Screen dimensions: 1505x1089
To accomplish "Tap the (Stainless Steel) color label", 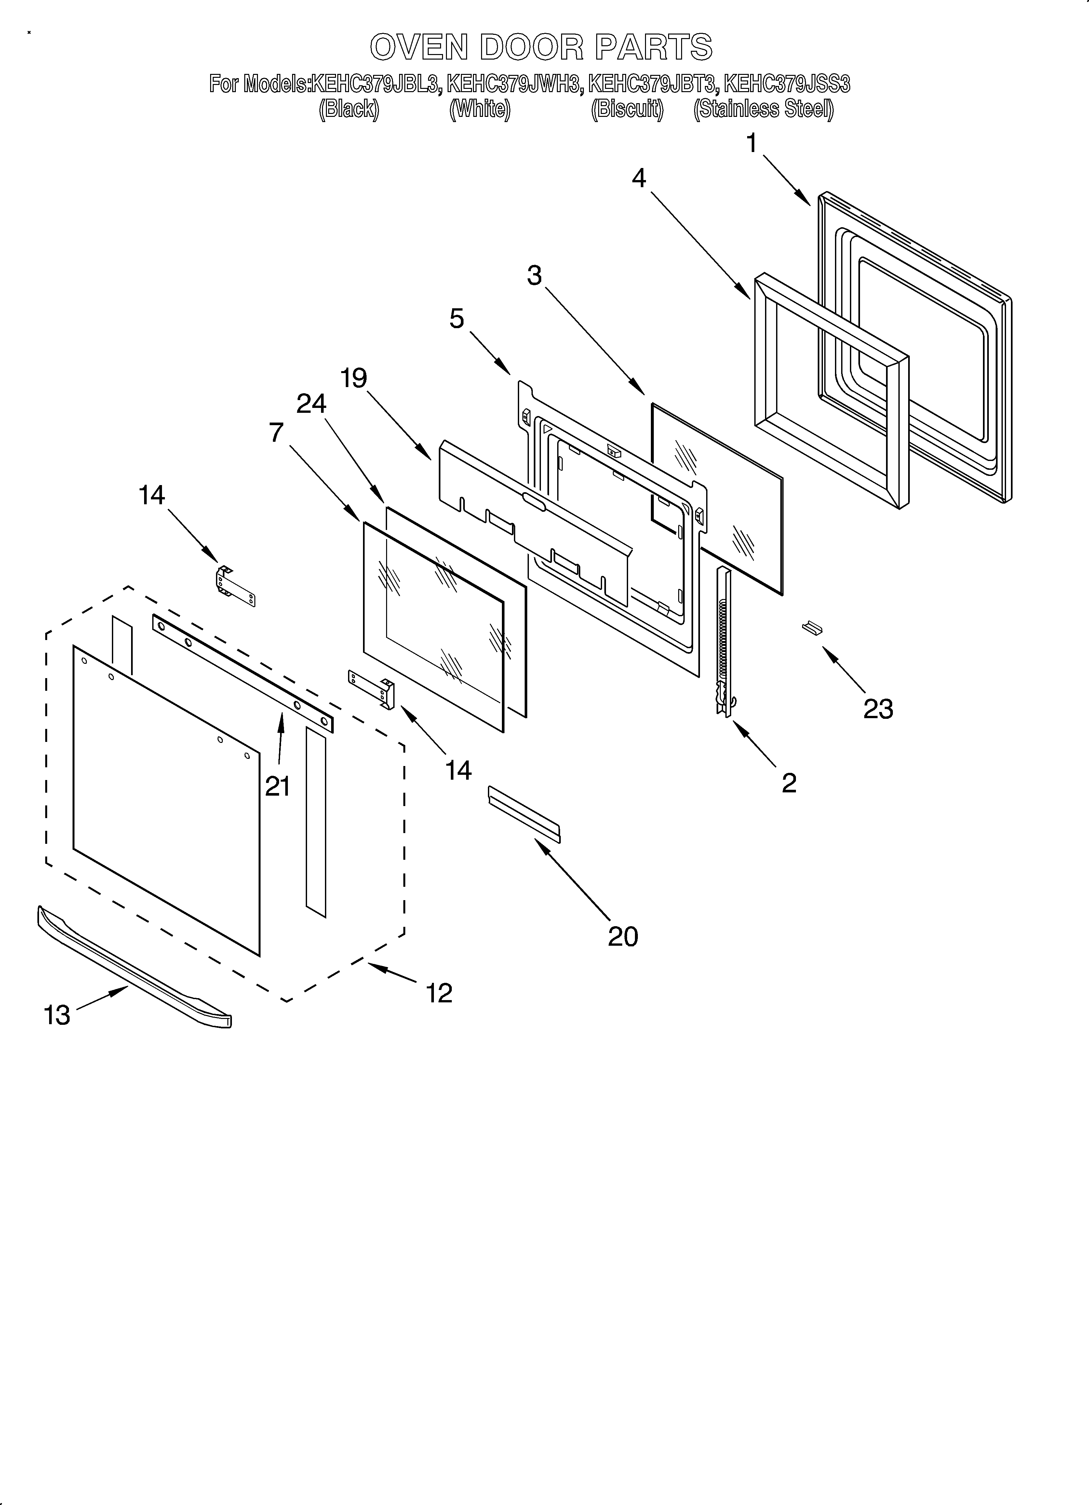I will pyautogui.click(x=763, y=109).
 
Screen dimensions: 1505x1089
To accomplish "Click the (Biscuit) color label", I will pyautogui.click(x=627, y=109).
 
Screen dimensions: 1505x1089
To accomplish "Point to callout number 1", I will pyautogui.click(x=751, y=143).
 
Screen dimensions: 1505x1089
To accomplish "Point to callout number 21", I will pyautogui.click(x=278, y=786).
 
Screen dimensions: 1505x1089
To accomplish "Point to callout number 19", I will pyautogui.click(x=354, y=378).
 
